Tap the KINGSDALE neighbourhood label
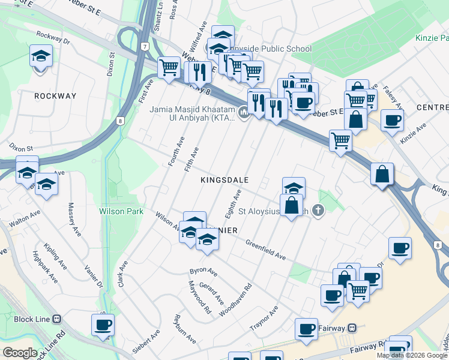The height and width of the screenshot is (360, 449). tap(224, 179)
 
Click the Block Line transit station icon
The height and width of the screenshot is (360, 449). tap(57, 319)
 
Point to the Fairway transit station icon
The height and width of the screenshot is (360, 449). tap(352, 328)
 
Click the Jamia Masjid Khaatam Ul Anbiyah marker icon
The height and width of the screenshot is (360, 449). tap(244, 112)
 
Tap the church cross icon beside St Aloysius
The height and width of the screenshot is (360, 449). tap(318, 211)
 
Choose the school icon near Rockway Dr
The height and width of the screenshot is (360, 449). tap(41, 57)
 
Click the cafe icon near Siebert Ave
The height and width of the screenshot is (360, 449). tap(103, 325)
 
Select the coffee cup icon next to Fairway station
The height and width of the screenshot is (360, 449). tap(307, 328)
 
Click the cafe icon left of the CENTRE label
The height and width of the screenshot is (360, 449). tap(392, 119)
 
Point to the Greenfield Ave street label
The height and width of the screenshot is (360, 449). tap(265, 249)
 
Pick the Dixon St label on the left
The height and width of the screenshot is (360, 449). tap(20, 147)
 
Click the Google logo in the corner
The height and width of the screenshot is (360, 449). tap(19, 353)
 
